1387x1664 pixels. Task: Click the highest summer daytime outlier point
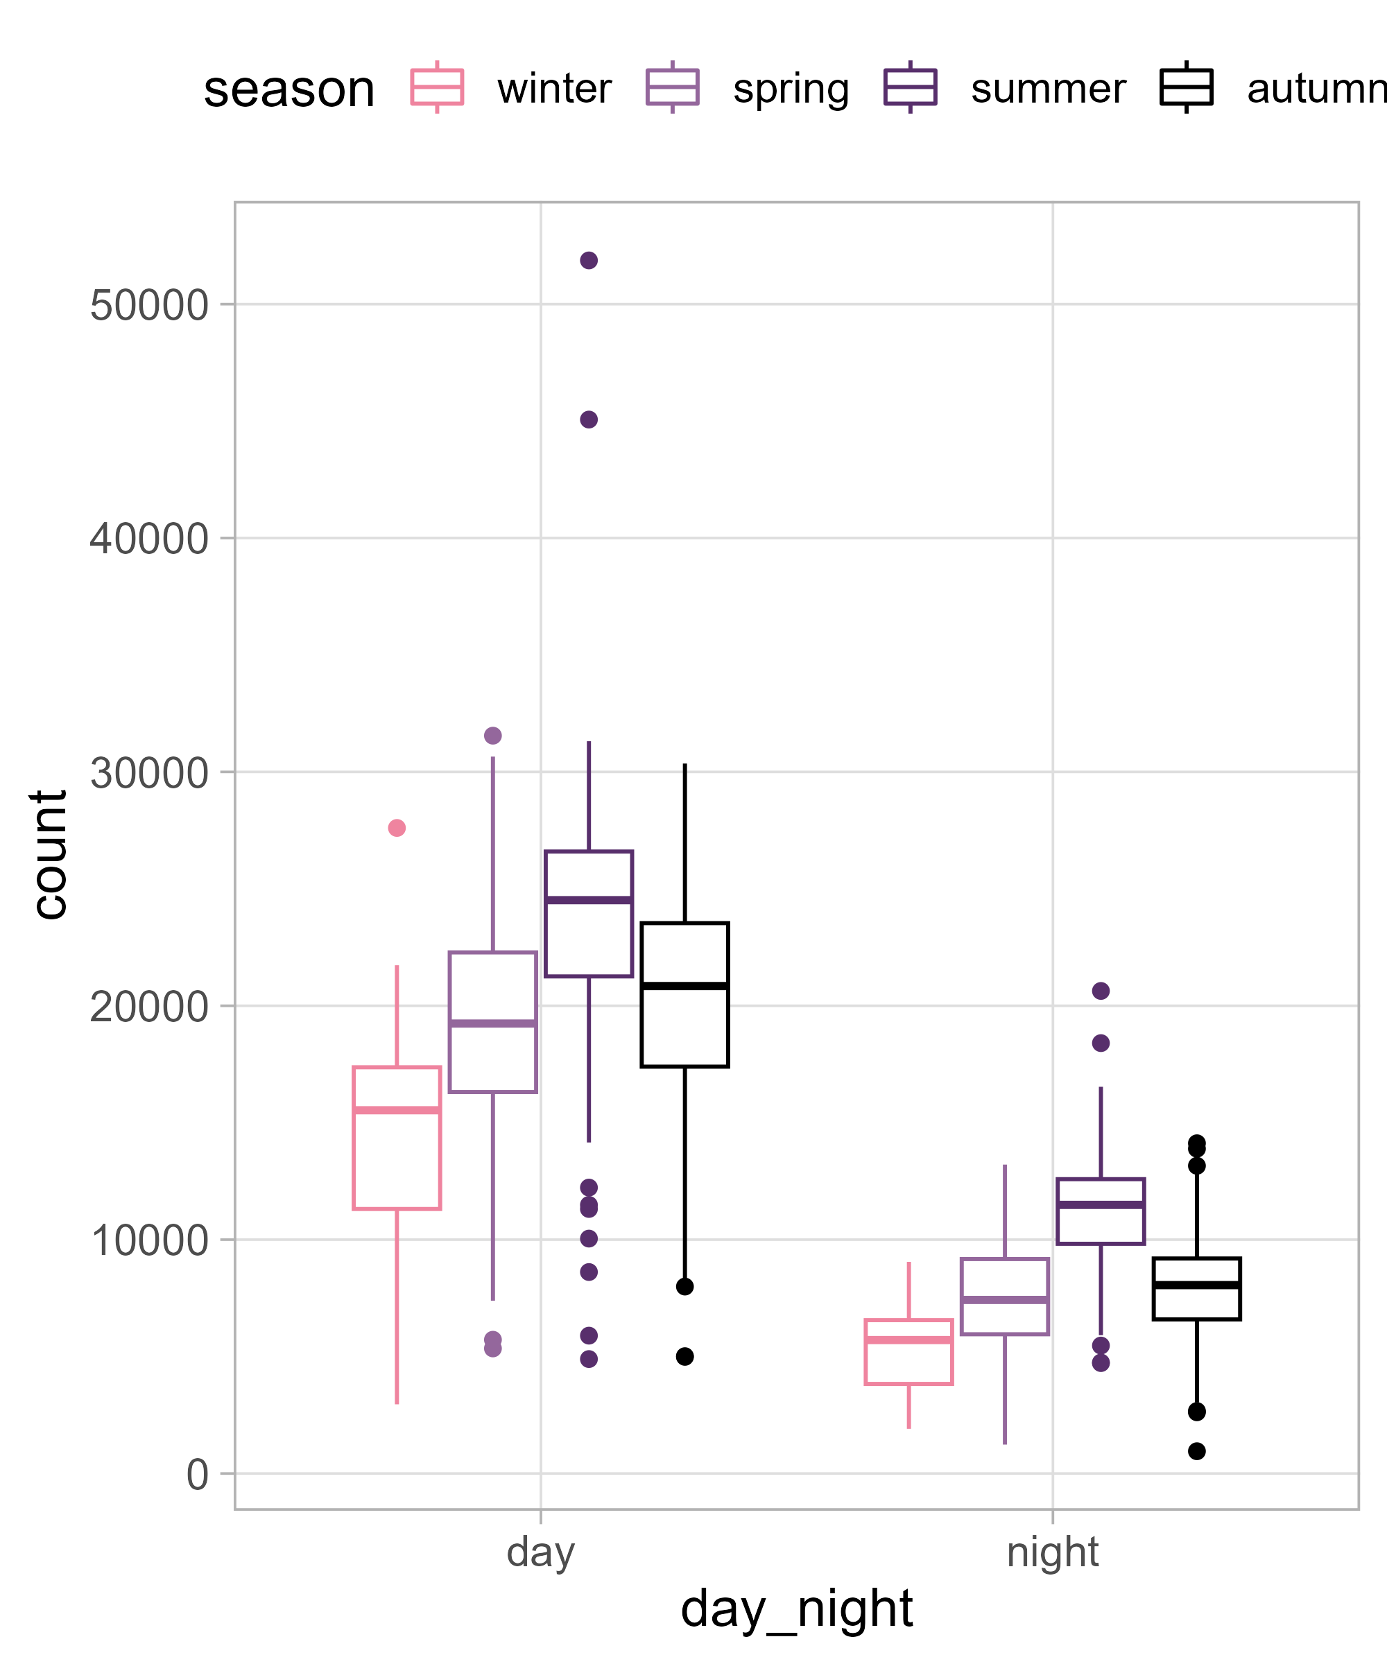[x=588, y=261]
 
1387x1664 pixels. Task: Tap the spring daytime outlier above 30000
[x=493, y=736]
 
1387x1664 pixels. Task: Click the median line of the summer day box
[x=588, y=900]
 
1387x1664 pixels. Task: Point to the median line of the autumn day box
[x=684, y=986]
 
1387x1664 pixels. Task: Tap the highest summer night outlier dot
[x=1101, y=991]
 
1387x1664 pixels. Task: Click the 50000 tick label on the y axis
[x=149, y=305]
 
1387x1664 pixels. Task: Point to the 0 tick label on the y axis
[x=198, y=1475]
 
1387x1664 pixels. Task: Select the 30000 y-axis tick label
[x=149, y=772]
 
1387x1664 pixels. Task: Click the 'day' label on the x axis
[x=540, y=1552]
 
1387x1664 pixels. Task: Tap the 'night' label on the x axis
[x=1053, y=1552]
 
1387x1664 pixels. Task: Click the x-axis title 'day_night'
[x=797, y=1609]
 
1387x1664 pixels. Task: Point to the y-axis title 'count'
[x=49, y=855]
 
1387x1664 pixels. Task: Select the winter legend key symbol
[x=437, y=87]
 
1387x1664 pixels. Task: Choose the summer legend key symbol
[x=910, y=87]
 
